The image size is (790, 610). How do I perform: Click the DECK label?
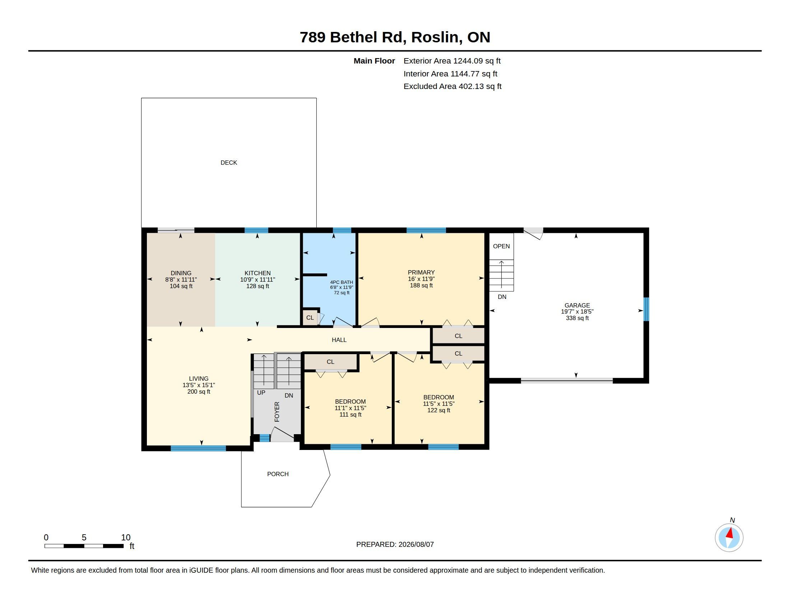point(229,163)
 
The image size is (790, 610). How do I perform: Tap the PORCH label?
point(278,474)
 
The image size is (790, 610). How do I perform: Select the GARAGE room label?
point(577,305)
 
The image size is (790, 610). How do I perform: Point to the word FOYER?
point(277,412)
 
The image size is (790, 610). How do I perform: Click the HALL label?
point(339,340)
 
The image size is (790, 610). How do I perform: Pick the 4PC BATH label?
point(341,282)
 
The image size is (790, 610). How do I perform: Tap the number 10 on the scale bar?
point(126,538)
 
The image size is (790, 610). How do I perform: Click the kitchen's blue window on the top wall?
point(256,230)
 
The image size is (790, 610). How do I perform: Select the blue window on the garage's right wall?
point(646,309)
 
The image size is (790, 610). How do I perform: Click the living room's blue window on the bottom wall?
point(198,448)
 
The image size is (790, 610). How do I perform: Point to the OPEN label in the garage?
point(501,246)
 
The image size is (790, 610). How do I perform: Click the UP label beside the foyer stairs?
point(261,393)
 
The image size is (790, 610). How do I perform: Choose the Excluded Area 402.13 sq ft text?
point(452,86)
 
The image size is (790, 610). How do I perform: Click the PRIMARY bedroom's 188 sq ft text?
point(421,286)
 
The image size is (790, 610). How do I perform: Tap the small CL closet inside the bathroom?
point(310,318)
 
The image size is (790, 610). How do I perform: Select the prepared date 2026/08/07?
point(416,544)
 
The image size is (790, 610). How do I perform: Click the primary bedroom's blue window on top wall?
point(426,230)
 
